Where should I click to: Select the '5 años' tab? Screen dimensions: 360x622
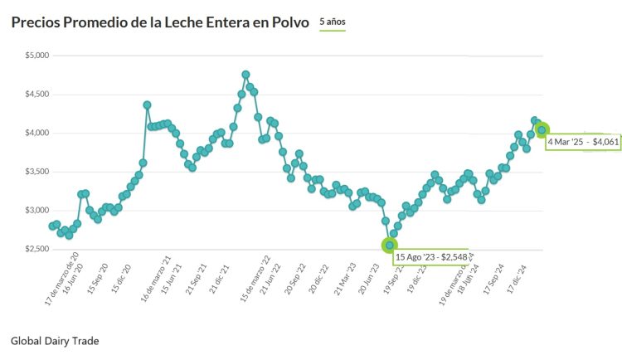click(333, 22)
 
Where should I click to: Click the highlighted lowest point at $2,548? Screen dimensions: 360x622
click(389, 245)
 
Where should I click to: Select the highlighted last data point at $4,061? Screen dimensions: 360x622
click(542, 129)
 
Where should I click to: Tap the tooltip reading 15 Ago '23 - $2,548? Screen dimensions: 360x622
click(431, 257)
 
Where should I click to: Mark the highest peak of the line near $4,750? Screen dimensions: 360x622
click(245, 75)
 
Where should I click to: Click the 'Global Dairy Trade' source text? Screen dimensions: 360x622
click(54, 340)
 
